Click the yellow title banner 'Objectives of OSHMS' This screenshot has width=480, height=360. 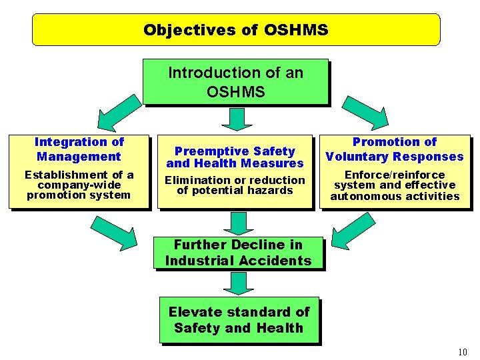tap(236, 30)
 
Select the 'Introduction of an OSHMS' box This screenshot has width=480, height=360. tap(235, 82)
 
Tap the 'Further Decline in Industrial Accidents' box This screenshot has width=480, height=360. tap(238, 253)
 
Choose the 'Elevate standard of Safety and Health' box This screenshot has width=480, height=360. tap(239, 320)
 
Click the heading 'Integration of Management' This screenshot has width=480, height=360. tap(79, 149)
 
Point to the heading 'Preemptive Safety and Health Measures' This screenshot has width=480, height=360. tap(235, 157)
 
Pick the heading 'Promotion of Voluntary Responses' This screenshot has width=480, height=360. tap(394, 149)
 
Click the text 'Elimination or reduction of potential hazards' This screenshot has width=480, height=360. tap(235, 185)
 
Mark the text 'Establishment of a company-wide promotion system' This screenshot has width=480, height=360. tap(79, 185)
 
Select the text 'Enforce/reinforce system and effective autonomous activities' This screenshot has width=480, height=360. tap(395, 185)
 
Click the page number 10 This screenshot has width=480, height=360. tap(463, 351)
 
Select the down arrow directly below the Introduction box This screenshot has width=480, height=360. tap(235, 118)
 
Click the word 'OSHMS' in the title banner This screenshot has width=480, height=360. tap(296, 30)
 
